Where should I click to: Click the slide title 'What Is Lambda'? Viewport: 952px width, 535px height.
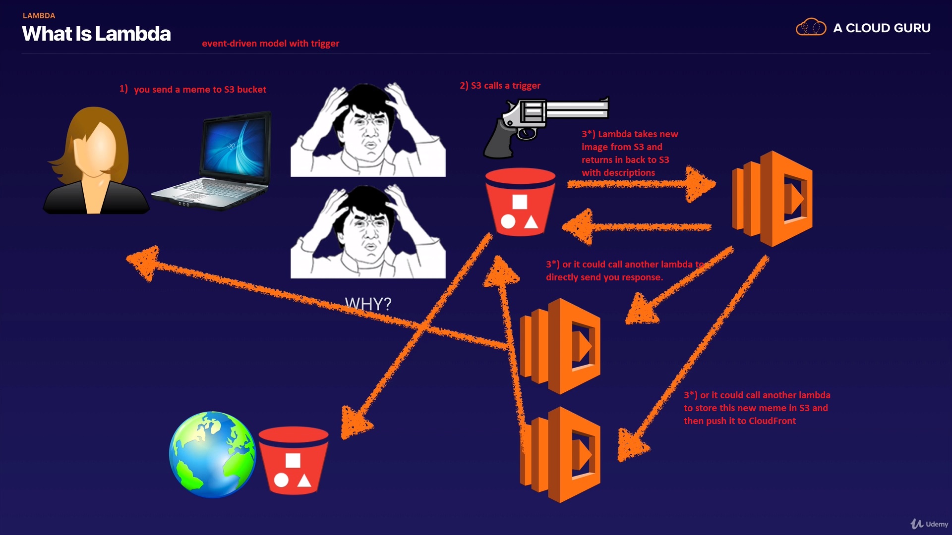(96, 34)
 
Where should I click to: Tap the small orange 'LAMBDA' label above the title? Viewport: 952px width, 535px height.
(39, 15)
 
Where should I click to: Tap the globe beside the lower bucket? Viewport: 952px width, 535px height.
(212, 454)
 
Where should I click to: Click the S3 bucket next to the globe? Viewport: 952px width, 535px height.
(293, 461)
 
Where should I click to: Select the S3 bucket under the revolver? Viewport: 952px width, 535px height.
(520, 202)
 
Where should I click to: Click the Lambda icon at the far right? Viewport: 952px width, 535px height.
(773, 199)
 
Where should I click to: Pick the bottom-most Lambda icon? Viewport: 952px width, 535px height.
(560, 455)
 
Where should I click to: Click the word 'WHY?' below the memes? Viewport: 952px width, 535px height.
(368, 304)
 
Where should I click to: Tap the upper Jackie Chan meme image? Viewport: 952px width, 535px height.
(368, 130)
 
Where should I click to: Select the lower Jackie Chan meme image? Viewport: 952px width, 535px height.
(368, 231)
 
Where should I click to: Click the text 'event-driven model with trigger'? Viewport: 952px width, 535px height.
(270, 43)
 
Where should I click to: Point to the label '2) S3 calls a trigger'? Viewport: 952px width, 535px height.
(500, 85)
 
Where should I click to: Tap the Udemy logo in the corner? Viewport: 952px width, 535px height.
(929, 524)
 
